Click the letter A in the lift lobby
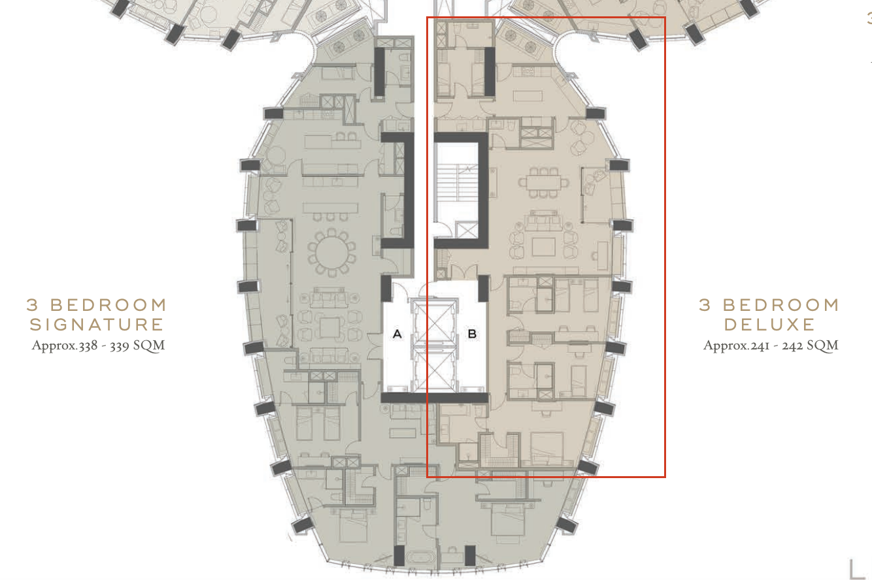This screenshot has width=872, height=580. [x=397, y=333]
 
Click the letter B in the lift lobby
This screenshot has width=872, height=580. [x=472, y=334]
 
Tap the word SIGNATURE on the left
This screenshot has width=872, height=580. [x=97, y=325]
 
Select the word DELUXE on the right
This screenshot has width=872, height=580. [x=769, y=325]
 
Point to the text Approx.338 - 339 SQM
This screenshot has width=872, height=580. [x=98, y=346]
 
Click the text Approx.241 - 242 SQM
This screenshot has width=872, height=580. [x=771, y=346]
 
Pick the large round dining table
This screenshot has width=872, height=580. [x=331, y=253]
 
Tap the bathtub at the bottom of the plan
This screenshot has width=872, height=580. [x=421, y=557]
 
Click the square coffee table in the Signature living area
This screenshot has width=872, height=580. [x=329, y=327]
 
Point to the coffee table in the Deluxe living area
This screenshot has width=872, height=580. [x=543, y=247]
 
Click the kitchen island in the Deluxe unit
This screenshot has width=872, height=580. [x=528, y=96]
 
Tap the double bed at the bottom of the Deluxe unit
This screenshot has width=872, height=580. [x=546, y=448]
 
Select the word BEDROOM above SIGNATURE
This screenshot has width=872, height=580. [x=109, y=305]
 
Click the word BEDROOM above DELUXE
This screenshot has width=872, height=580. [x=781, y=305]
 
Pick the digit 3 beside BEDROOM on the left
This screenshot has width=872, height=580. [x=32, y=305]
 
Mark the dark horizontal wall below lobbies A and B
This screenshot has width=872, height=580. [x=435, y=398]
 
